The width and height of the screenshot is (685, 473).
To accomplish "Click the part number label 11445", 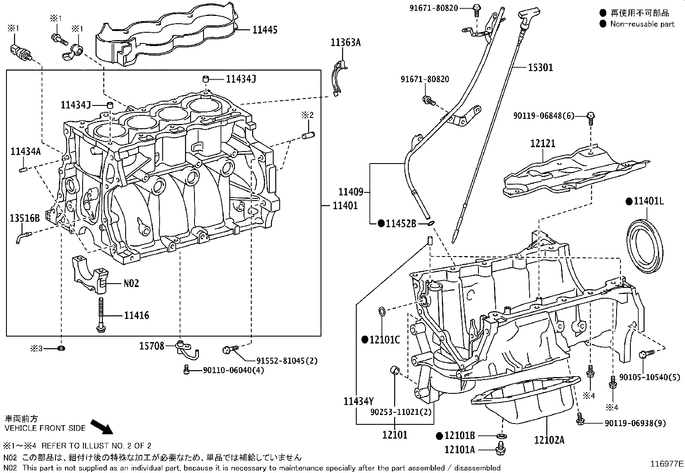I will click(x=265, y=30).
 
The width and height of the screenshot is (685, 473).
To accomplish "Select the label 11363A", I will click(x=346, y=42).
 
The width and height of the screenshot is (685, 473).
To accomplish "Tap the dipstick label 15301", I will click(x=540, y=68).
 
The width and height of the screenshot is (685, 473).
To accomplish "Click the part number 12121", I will click(x=543, y=144).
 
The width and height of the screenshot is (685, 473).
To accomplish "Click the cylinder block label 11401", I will click(x=345, y=206).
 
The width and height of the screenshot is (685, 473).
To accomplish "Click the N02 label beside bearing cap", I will click(x=131, y=283).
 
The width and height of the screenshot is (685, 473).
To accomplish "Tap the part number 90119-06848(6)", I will click(x=544, y=116).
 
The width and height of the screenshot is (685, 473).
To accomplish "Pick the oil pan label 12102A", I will click(x=549, y=439).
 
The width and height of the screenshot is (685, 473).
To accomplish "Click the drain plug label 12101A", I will click(x=460, y=450).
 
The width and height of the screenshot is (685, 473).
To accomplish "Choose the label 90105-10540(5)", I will click(x=650, y=377).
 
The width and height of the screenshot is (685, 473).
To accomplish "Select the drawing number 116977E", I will click(x=666, y=464).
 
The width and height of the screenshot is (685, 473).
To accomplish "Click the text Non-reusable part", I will click(x=642, y=24).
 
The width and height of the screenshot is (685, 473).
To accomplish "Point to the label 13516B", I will click(x=25, y=219).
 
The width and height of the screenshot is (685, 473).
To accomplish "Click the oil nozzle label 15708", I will click(x=151, y=346).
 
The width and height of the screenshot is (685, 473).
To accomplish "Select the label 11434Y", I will click(x=358, y=401).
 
